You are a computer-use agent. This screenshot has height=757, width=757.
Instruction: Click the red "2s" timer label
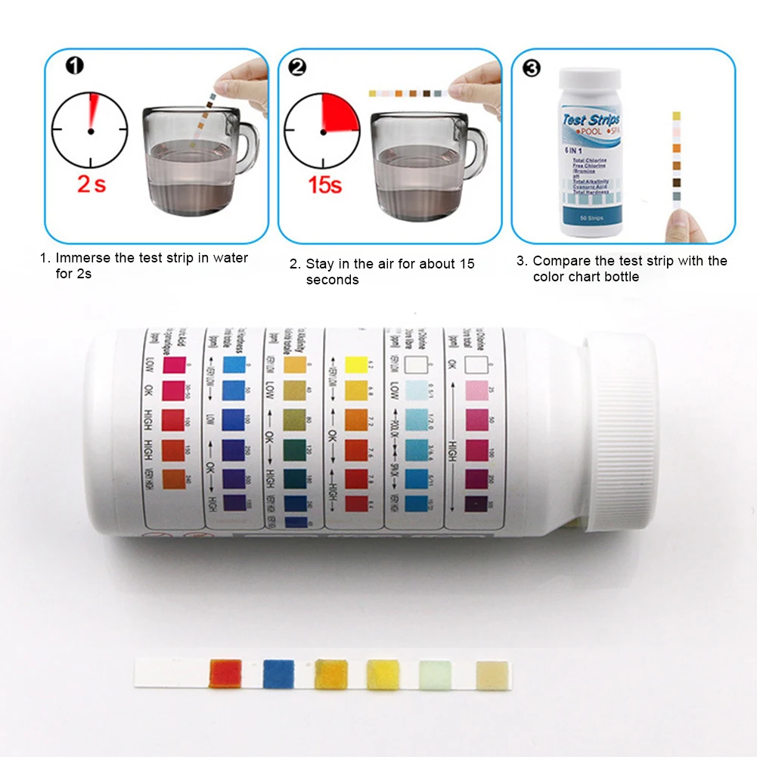[x=91, y=183]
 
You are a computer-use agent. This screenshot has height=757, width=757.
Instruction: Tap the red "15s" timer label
[x=324, y=184]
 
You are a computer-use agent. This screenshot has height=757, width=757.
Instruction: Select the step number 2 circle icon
[x=298, y=67]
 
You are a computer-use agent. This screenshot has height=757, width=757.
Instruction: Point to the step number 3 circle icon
[x=532, y=68]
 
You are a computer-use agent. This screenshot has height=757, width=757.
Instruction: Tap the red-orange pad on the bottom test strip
[x=225, y=673]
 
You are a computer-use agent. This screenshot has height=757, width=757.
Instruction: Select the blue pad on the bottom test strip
[x=278, y=673]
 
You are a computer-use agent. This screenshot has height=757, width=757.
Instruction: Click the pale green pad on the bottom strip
[x=435, y=674]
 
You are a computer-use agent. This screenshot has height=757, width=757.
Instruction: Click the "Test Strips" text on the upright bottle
[x=591, y=121]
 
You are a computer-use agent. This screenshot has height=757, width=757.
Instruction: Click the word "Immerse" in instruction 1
[x=83, y=258]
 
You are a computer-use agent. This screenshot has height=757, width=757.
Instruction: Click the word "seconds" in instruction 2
[x=332, y=280]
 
